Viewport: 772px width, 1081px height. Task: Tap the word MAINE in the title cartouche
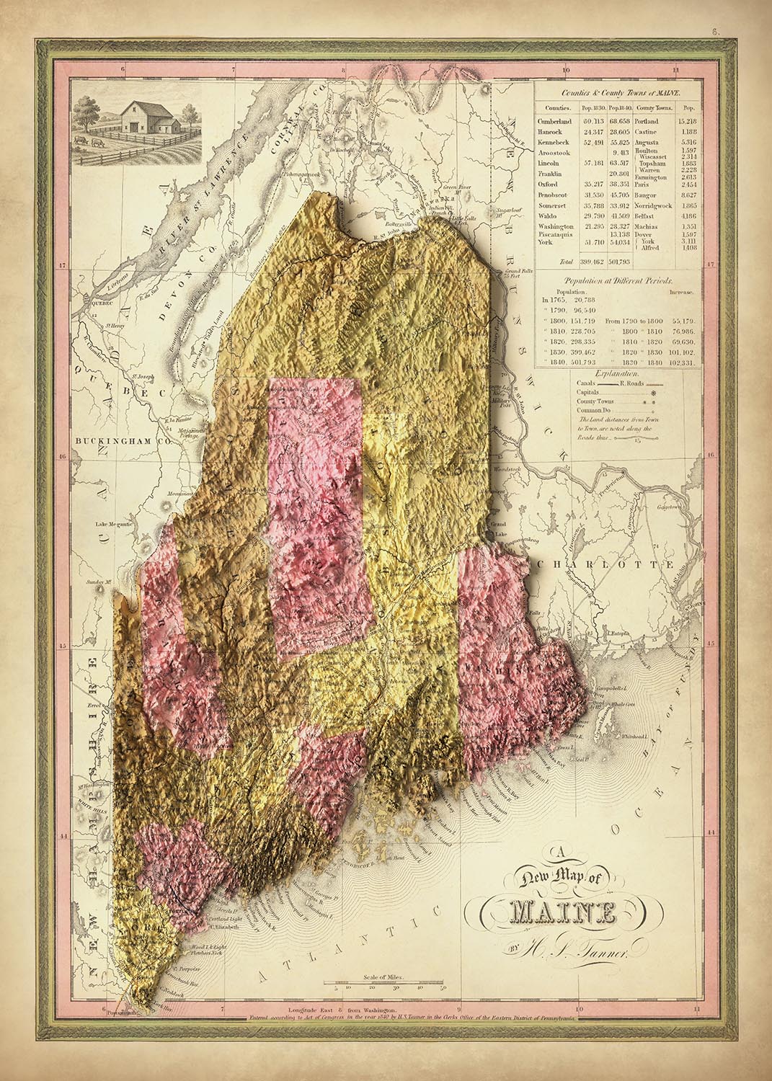555,915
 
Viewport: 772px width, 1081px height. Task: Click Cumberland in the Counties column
554,121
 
